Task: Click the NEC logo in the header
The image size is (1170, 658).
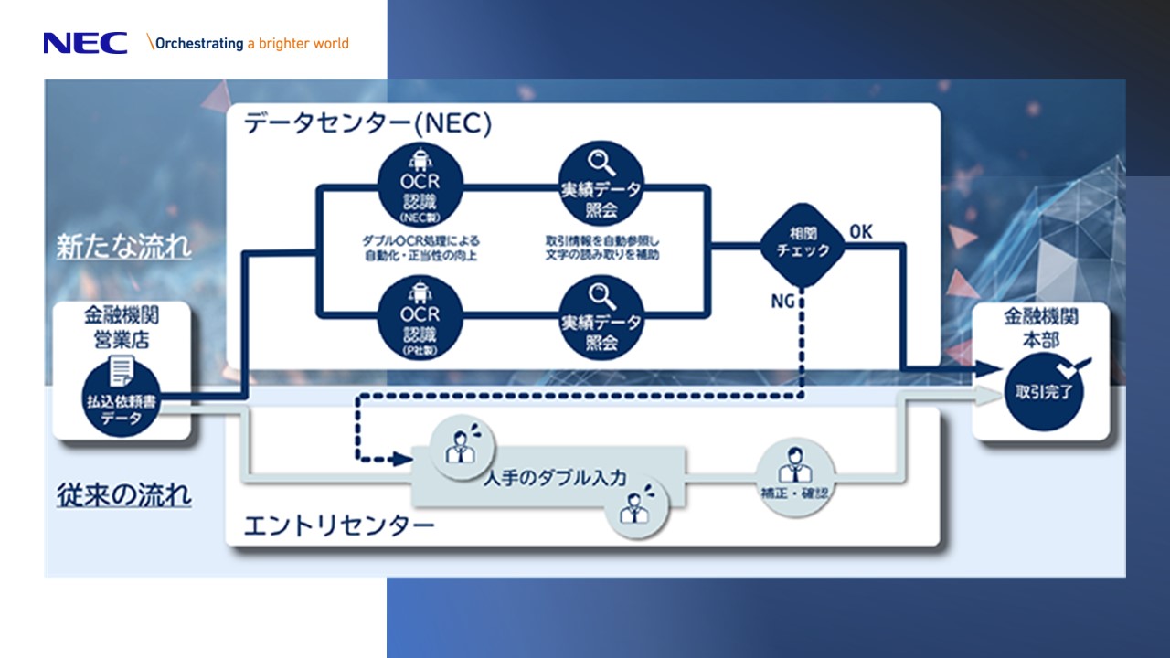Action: tap(85, 43)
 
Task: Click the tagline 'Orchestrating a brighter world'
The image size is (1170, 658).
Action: tap(252, 43)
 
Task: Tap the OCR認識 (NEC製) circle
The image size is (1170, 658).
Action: tap(420, 186)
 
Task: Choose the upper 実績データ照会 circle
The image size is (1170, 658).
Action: tap(601, 186)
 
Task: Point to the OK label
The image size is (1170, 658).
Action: tap(861, 232)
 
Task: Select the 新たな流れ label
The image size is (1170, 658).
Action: tap(124, 248)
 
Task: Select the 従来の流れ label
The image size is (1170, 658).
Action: tap(124, 496)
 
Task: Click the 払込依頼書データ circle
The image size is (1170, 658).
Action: tap(122, 399)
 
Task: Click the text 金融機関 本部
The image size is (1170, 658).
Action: tap(1041, 326)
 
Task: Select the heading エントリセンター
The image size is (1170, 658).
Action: tap(338, 526)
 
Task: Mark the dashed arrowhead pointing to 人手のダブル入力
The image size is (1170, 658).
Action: tap(401, 459)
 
